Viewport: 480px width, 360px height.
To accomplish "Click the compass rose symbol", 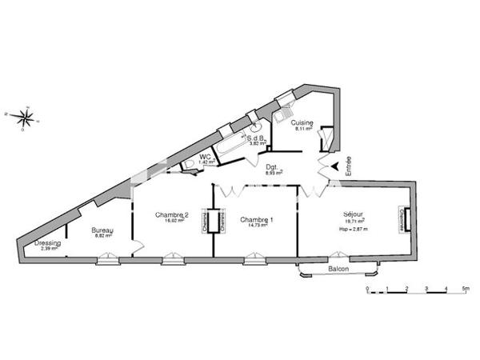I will [x=25, y=118].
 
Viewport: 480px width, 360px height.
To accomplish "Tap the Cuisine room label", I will [x=303, y=122].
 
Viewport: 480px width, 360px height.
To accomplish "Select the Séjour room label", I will [x=353, y=214].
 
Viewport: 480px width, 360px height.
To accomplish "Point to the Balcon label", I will [x=338, y=270].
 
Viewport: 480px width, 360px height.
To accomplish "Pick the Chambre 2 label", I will [x=170, y=214].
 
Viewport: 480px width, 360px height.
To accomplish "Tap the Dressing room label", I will [x=48, y=243].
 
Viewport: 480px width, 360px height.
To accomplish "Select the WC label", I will [x=206, y=157].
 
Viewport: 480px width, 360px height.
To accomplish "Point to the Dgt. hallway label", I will [x=274, y=166].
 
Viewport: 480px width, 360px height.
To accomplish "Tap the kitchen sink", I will [x=283, y=115].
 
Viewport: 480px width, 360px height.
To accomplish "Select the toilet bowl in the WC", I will [x=190, y=165].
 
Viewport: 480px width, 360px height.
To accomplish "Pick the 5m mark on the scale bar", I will [x=465, y=286].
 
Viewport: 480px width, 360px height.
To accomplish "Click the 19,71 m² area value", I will [x=353, y=222].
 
